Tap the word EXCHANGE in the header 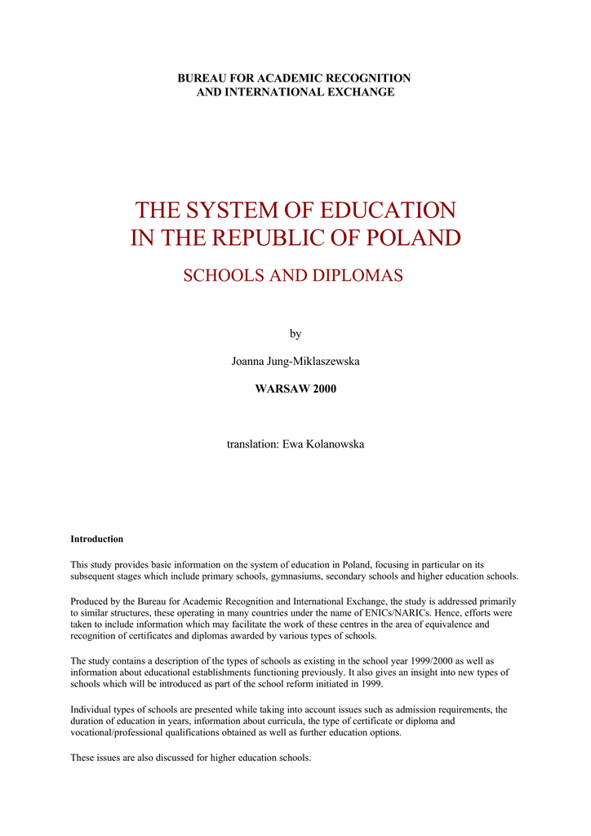tap(359, 92)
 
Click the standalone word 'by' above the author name tap(295, 334)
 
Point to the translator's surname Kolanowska tap(335, 444)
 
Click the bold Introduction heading tap(97, 540)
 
